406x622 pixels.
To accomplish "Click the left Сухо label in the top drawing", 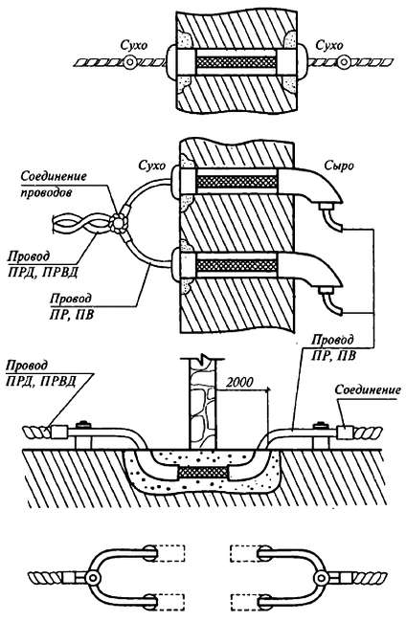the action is point(134,46).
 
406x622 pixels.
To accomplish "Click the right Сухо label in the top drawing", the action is point(329,45).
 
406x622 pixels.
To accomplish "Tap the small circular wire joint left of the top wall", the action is point(129,62).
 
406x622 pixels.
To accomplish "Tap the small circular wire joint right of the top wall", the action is point(344,62).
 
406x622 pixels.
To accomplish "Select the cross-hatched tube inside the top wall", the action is point(237,62).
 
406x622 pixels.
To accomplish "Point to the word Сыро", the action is point(339,165).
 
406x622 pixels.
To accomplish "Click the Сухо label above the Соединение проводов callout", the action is point(151,165).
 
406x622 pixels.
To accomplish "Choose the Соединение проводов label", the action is point(54,184).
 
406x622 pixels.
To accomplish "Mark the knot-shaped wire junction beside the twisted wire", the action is point(119,222).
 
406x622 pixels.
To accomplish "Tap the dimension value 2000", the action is point(239,382).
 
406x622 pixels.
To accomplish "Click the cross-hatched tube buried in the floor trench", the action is point(203,472).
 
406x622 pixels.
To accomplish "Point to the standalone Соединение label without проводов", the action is point(367,390).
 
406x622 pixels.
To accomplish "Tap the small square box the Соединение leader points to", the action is point(345,433).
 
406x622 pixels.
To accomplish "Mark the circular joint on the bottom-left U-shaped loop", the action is point(94,578).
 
